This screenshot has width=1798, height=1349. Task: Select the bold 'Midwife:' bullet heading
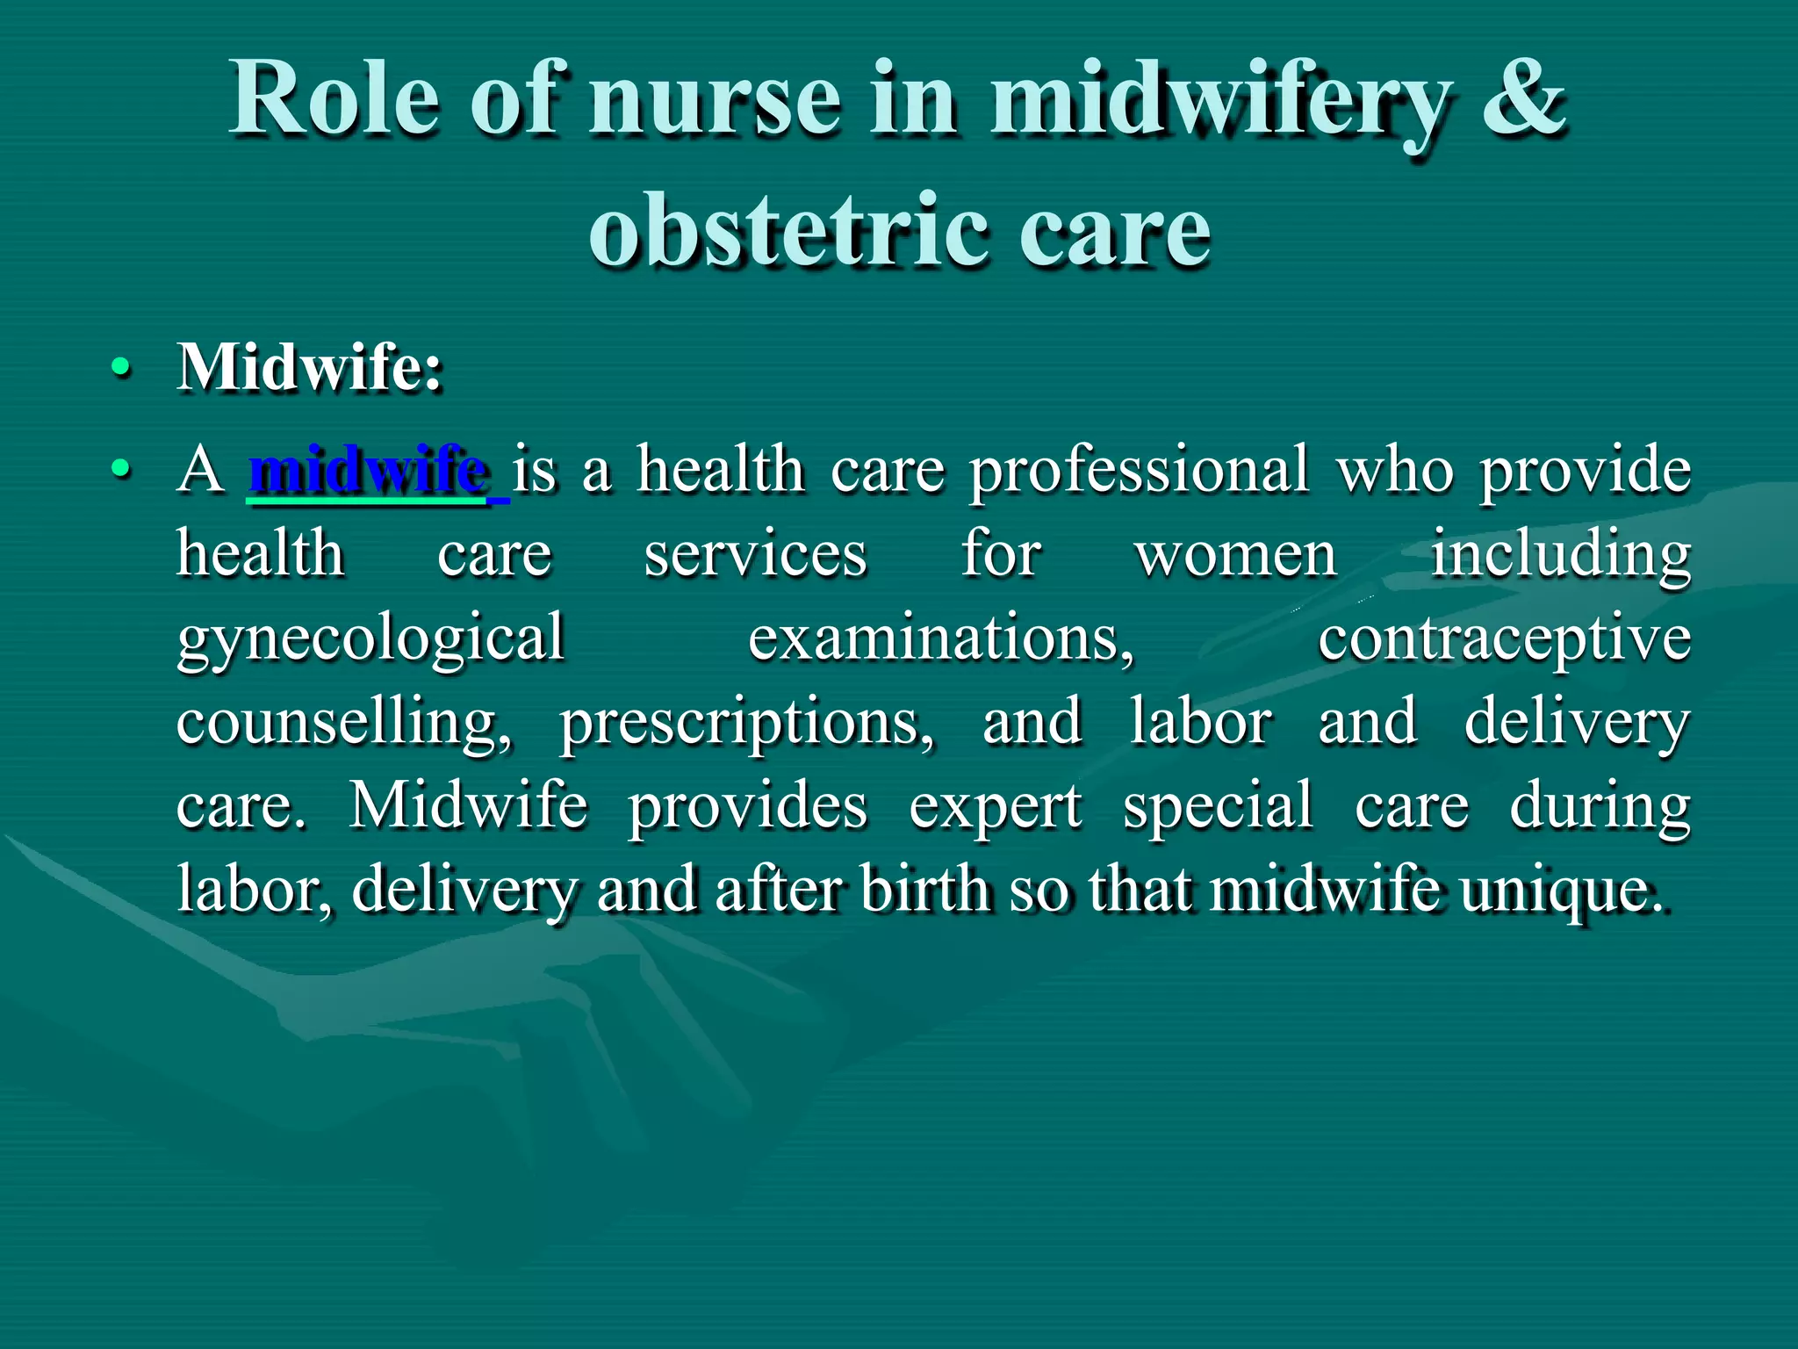pos(310,366)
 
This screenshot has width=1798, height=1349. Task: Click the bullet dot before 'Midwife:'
pos(122,368)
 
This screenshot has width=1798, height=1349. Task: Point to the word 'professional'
pos(1139,470)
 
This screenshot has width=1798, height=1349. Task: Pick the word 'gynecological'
pos(370,639)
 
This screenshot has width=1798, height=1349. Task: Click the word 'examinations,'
pos(941,638)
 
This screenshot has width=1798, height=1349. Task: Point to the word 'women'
pos(1236,555)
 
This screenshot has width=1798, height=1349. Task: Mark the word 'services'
pos(756,555)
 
